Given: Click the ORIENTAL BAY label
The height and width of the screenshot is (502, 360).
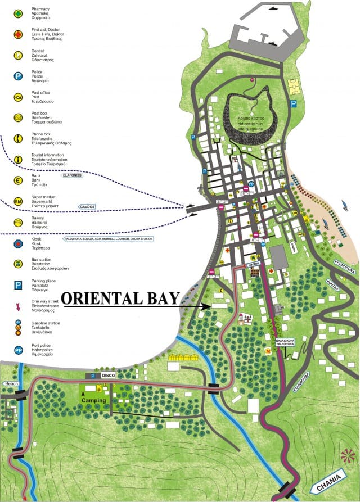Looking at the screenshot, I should [x=120, y=298].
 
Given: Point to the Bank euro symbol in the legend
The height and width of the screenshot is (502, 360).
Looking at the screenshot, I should [x=18, y=180].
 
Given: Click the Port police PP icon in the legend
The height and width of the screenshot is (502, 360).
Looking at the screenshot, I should [x=18, y=350].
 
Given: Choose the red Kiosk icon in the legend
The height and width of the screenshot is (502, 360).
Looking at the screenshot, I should [x=18, y=244].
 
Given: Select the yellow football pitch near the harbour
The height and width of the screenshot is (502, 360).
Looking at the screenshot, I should [x=294, y=87].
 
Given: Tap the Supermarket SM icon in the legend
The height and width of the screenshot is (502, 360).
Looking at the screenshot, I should [x=18, y=201].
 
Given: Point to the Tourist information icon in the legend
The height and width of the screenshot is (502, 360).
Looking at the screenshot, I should [x=18, y=159].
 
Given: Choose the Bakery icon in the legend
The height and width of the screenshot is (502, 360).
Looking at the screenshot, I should [x=18, y=222].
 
